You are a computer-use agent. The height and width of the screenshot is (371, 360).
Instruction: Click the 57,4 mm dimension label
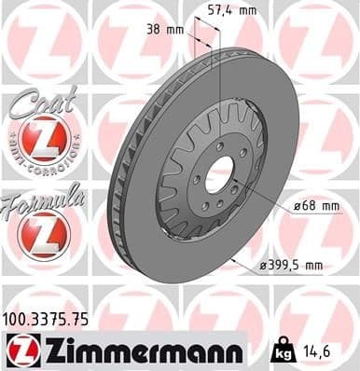(x=229, y=10)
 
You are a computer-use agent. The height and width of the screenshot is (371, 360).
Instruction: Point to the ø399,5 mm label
(x=292, y=267)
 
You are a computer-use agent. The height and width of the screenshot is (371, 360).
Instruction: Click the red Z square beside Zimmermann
(x=19, y=349)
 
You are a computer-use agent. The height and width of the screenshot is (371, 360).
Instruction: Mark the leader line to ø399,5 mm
(x=244, y=256)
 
